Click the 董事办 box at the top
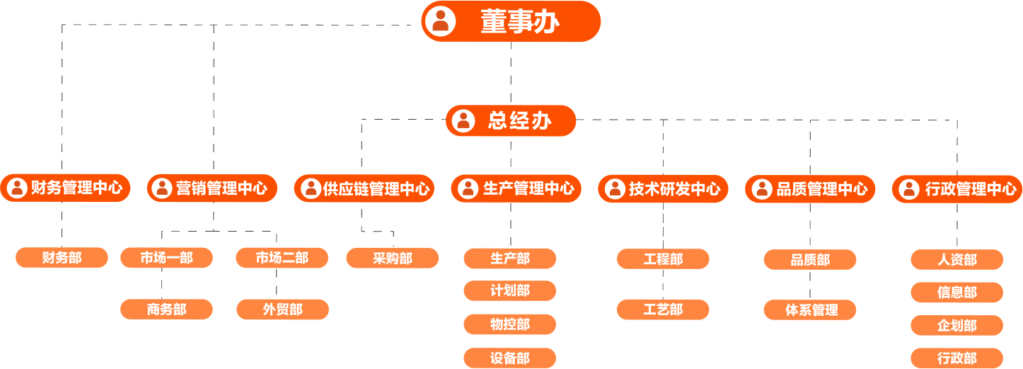(x=511, y=21)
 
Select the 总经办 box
(x=511, y=120)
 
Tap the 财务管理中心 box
(x=66, y=188)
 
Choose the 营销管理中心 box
(x=212, y=188)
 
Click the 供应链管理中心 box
(x=364, y=188)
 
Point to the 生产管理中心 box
(x=516, y=188)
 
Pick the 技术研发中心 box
(x=663, y=188)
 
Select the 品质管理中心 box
(x=810, y=188)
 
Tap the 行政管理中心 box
(x=957, y=188)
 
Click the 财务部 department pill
(x=62, y=258)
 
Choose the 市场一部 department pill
(x=166, y=258)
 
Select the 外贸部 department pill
(x=282, y=310)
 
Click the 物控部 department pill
(x=509, y=324)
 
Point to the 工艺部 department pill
(x=663, y=310)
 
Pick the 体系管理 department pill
(x=810, y=310)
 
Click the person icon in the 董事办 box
(x=441, y=21)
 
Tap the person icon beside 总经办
(x=463, y=120)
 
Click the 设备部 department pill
(x=509, y=358)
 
